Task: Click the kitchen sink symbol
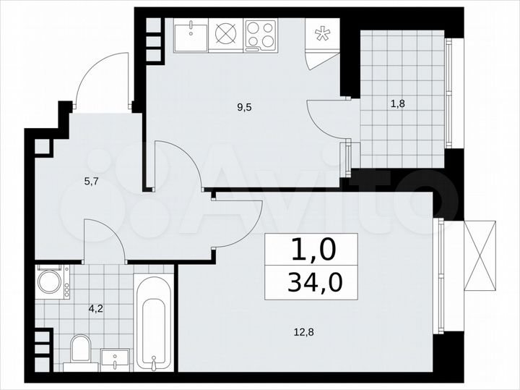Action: point(191,35)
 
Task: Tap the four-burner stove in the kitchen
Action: point(261,35)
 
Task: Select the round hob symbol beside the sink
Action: point(226,35)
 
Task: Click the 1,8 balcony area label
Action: point(397,103)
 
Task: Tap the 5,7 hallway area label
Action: point(91,182)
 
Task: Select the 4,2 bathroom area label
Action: point(95,308)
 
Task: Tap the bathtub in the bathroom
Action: point(154,323)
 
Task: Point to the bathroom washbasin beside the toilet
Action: point(115,358)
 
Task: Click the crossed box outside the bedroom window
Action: point(479,254)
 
